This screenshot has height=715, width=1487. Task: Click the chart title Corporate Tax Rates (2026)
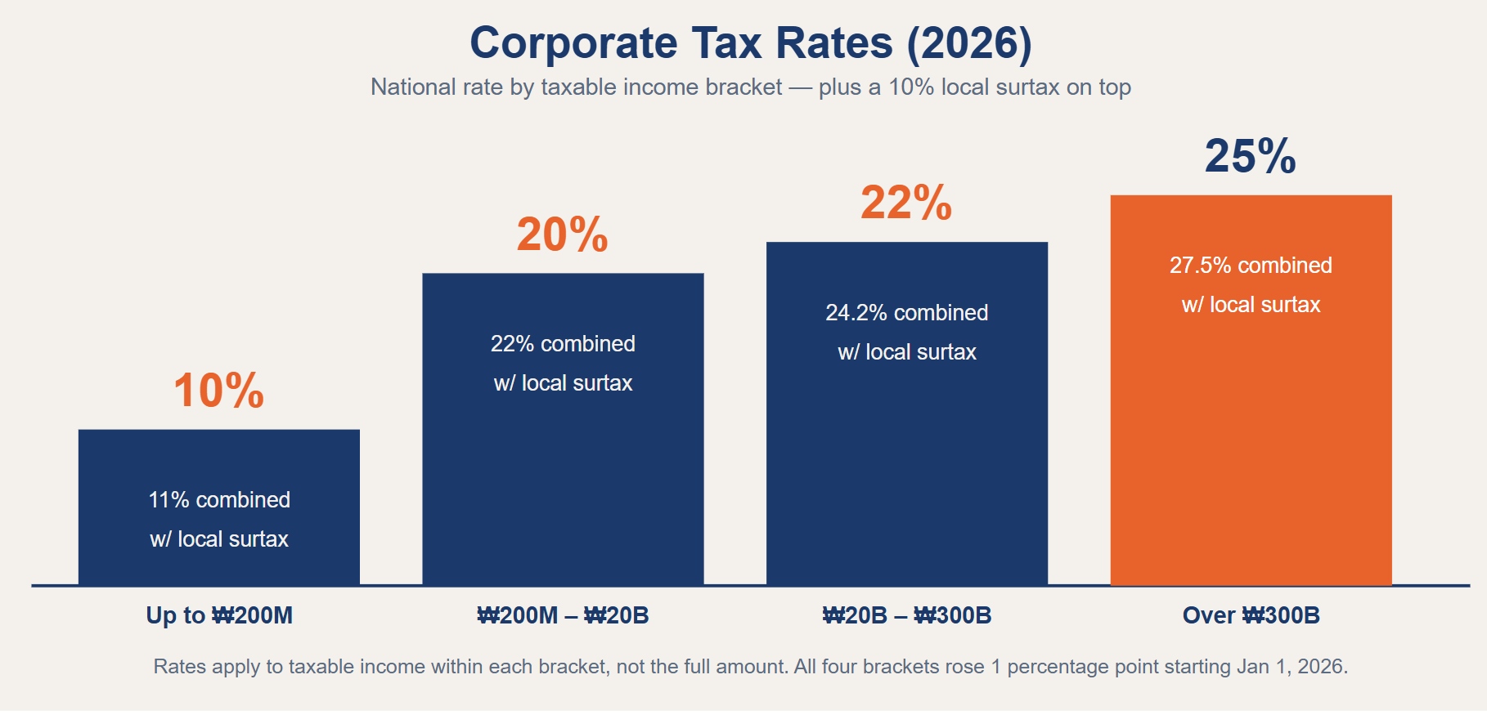pyautogui.click(x=751, y=43)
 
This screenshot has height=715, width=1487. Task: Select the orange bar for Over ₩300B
pyautogui.click(x=1251, y=390)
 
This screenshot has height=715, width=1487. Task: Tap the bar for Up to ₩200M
pyautogui.click(x=219, y=507)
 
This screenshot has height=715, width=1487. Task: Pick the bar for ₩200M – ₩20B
pyautogui.click(x=563, y=429)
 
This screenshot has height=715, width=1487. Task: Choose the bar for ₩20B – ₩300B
pyautogui.click(x=907, y=413)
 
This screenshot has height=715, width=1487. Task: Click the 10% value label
pyautogui.click(x=218, y=391)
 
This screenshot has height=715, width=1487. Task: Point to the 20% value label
pyautogui.click(x=563, y=235)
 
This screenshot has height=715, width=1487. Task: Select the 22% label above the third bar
pyautogui.click(x=906, y=203)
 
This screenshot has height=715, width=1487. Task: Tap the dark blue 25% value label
pyautogui.click(x=1251, y=156)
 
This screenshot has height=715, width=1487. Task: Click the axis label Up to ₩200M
pyautogui.click(x=219, y=615)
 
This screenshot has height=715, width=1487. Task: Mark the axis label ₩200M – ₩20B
pyautogui.click(x=563, y=615)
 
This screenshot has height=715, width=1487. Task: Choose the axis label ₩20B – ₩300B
pyautogui.click(x=907, y=615)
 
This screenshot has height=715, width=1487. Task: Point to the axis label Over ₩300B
pyautogui.click(x=1251, y=615)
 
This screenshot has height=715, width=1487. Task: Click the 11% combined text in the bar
pyautogui.click(x=219, y=500)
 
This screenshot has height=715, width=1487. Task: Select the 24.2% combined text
pyautogui.click(x=907, y=313)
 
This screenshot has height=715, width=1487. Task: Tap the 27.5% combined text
pyautogui.click(x=1251, y=266)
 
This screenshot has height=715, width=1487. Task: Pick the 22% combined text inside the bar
pyautogui.click(x=563, y=344)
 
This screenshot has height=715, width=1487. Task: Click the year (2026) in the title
pyautogui.click(x=969, y=43)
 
